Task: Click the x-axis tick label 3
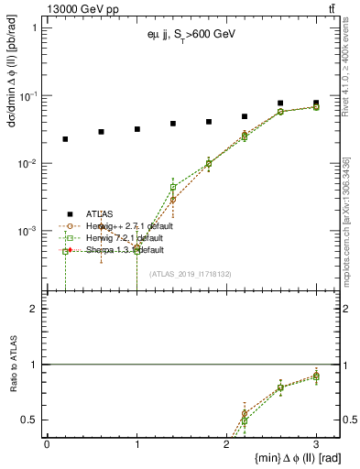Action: click(317, 443)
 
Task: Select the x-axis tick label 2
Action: click(226, 443)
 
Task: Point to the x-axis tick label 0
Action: click(47, 443)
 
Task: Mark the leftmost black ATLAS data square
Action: click(65, 139)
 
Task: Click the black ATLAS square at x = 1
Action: click(136, 129)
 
